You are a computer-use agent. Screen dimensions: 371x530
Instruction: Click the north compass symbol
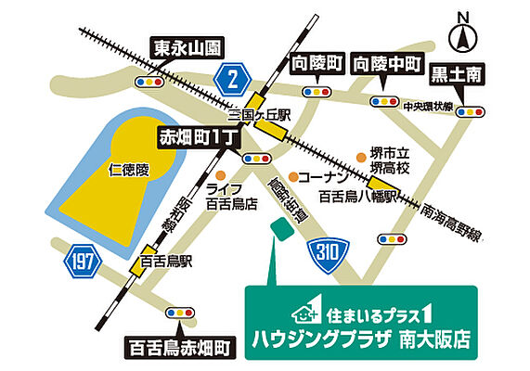tap(461, 34)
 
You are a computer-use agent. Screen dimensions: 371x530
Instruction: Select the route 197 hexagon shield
tap(84, 262)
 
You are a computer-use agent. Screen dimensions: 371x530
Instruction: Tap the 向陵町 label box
tap(314, 64)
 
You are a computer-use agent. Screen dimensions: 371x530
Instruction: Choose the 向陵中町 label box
tap(387, 64)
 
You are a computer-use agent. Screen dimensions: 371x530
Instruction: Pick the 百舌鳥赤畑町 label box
tap(179, 347)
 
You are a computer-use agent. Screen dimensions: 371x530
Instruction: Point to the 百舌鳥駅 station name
tap(166, 262)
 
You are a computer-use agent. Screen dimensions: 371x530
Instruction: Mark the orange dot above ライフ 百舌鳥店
tap(220, 173)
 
